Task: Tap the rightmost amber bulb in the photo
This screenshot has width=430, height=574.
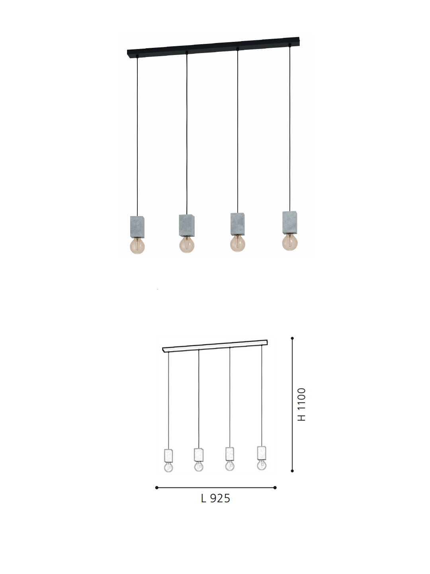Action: click(290, 242)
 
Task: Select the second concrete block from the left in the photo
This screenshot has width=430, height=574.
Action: click(186, 226)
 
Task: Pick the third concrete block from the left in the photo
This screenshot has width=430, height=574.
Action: click(238, 224)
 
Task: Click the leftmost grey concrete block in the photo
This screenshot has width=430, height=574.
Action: click(137, 226)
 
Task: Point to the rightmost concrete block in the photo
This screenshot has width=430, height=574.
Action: click(290, 222)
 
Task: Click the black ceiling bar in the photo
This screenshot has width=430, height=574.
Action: click(213, 47)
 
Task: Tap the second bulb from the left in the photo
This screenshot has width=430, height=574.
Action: click(186, 244)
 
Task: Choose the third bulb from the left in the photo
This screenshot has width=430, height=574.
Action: click(238, 243)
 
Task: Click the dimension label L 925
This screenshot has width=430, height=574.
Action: click(215, 498)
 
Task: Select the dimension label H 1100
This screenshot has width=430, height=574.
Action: click(302, 404)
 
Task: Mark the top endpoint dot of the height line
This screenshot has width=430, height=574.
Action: click(292, 338)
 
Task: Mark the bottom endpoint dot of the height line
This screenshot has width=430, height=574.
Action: click(292, 471)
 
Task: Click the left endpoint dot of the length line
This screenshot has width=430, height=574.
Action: click(157, 488)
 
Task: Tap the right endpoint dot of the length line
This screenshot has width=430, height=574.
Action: click(275, 488)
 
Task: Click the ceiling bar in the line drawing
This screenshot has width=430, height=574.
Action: click(215, 346)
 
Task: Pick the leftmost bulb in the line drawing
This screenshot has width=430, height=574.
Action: click(168, 467)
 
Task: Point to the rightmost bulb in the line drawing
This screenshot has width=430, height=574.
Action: click(262, 465)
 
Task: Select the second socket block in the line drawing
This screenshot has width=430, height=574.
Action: click(199, 454)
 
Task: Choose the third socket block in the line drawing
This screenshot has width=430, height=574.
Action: click(230, 454)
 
